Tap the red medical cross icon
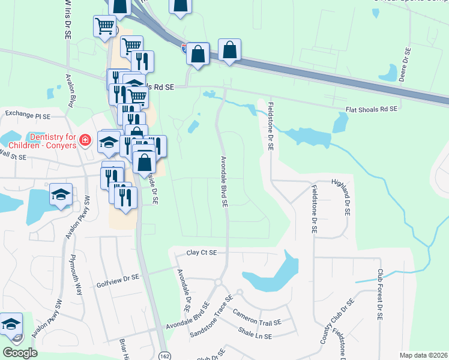pyautogui.click(x=85, y=141)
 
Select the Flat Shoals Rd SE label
pyautogui.click(x=372, y=110)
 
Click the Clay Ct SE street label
pyautogui.click(x=201, y=253)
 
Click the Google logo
pyautogui.click(x=20, y=353)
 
